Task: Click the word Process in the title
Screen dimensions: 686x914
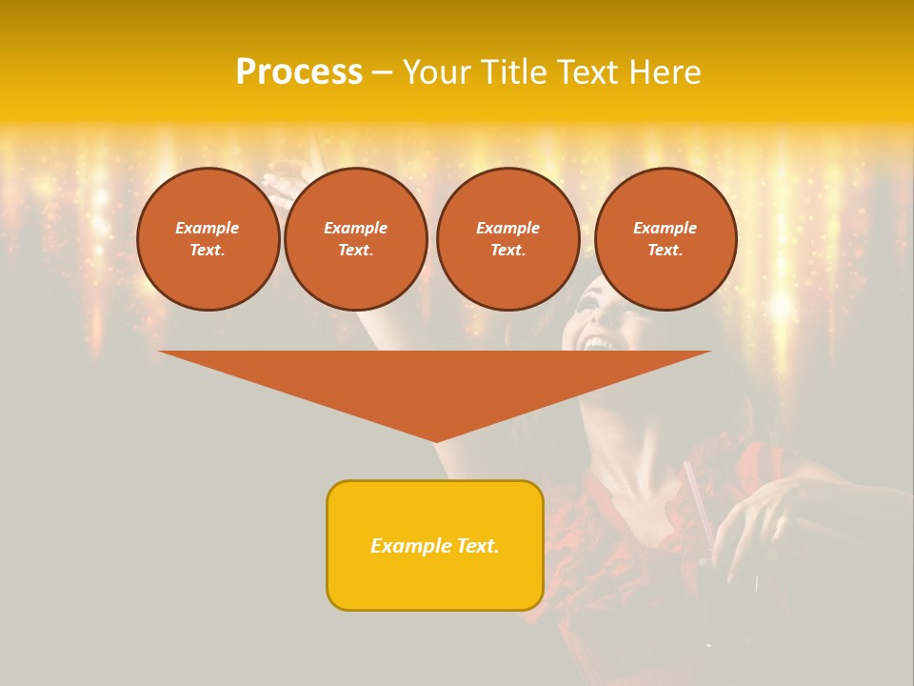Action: [299, 72]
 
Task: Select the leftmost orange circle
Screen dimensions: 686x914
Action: [209, 239]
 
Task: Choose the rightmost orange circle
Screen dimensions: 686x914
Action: [666, 239]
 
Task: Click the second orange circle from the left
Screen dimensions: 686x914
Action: [356, 239]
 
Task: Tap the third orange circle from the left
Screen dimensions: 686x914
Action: [508, 239]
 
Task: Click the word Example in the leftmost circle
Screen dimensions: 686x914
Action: [208, 228]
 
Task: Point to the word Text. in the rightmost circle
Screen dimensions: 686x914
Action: [666, 251]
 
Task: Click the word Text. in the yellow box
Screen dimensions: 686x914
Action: [478, 546]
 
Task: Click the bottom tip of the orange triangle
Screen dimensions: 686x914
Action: [435, 440]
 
